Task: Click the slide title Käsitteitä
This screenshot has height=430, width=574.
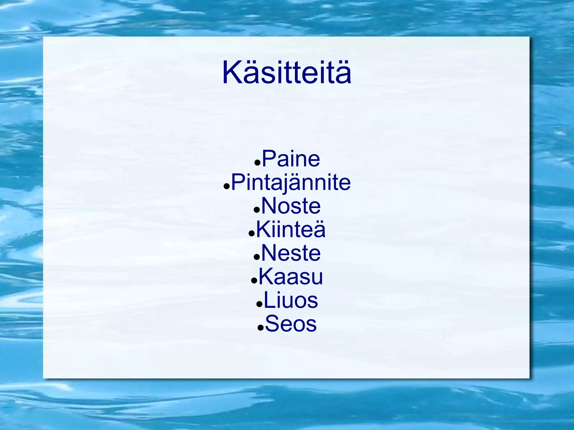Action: pyautogui.click(x=286, y=73)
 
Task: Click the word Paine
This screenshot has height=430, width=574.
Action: pyautogui.click(x=291, y=159)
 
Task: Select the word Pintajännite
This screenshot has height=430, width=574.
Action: pyautogui.click(x=291, y=183)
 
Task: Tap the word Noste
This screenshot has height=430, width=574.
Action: pyautogui.click(x=291, y=206)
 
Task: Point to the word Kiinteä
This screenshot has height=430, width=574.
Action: pyautogui.click(x=291, y=230)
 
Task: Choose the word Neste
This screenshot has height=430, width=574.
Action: pyautogui.click(x=291, y=253)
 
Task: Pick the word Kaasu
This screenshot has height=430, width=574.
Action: pyautogui.click(x=291, y=277)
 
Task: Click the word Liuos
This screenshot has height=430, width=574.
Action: pyautogui.click(x=291, y=300)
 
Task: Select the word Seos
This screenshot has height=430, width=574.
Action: pyautogui.click(x=291, y=324)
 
